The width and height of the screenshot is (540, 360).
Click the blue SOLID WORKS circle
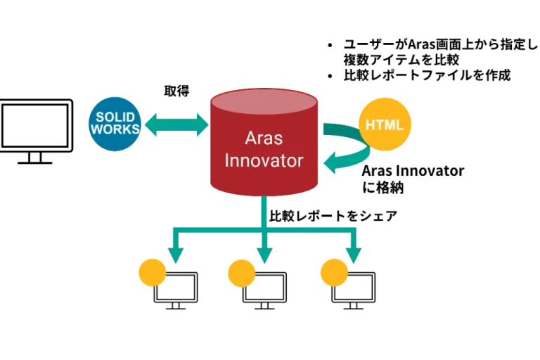(114, 124)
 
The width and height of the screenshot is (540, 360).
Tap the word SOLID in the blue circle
(114, 117)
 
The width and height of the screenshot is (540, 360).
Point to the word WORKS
(114, 130)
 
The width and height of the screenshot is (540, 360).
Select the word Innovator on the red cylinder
(264, 160)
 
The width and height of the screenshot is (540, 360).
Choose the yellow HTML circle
(385, 125)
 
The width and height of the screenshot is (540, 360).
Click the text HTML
(385, 125)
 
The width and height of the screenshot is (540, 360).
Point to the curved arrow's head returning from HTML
(331, 164)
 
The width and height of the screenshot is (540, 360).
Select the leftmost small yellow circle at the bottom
(152, 273)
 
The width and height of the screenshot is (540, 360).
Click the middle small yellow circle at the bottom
(241, 273)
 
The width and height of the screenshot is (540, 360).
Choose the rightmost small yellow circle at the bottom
(333, 273)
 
